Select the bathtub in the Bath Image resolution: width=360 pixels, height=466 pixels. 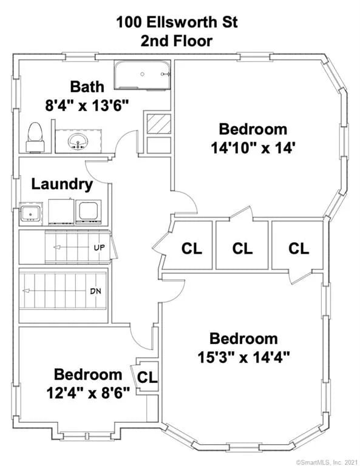[x=142, y=75]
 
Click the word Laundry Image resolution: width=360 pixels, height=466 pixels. [x=62, y=184]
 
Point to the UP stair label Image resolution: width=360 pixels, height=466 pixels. [x=100, y=248]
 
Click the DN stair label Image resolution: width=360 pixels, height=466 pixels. [x=95, y=291]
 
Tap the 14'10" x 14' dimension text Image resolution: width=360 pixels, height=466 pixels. [x=253, y=148]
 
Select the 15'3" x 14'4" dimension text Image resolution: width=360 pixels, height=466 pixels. [x=243, y=357]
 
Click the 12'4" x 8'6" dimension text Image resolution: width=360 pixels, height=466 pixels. [x=88, y=393]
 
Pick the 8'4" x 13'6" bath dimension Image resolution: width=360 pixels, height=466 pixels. [x=87, y=106]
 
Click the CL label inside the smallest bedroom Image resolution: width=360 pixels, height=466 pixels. [x=147, y=377]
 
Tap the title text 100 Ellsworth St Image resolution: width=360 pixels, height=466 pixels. [x=177, y=22]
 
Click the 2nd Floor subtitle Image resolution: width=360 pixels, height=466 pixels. [x=177, y=41]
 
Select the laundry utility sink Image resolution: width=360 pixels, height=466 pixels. [x=30, y=214]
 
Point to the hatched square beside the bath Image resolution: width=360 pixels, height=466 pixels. [x=159, y=124]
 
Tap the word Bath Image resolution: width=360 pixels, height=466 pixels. [x=87, y=87]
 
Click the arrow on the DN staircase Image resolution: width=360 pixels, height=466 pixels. [x=56, y=291]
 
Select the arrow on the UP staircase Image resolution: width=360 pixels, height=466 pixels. [x=73, y=248]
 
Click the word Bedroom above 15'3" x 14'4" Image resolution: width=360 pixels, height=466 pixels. [x=243, y=339]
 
